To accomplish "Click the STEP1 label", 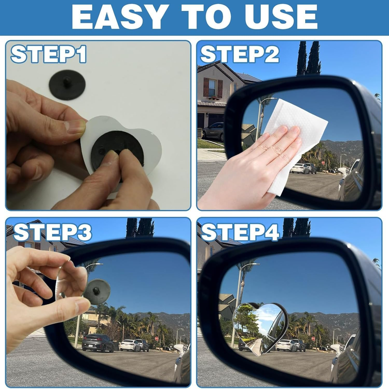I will coord(48,54).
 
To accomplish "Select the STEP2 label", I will coord(240,54).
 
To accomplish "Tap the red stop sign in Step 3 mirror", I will coord(156,338).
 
